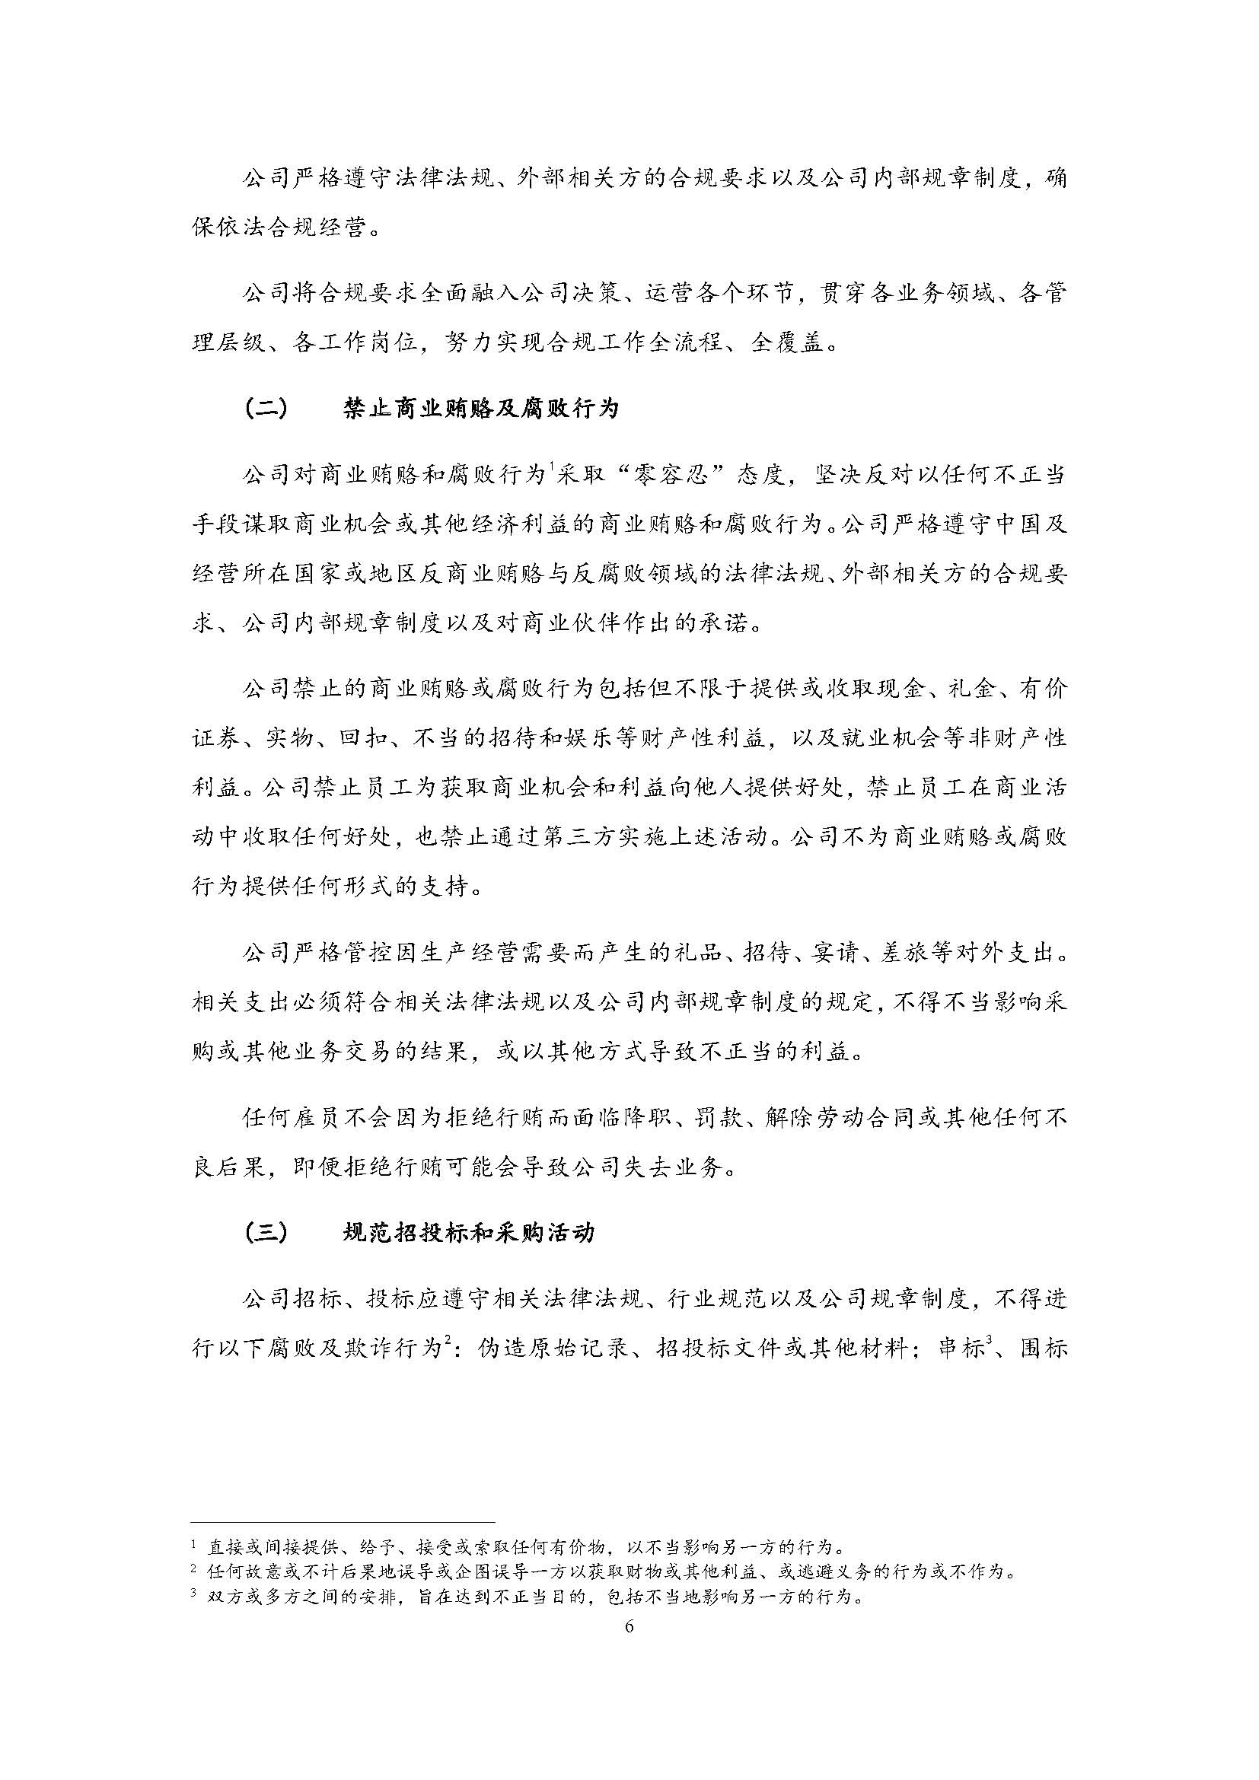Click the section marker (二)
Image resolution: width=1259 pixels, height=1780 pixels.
click(265, 408)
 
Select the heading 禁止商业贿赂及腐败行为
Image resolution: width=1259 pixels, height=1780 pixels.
click(480, 408)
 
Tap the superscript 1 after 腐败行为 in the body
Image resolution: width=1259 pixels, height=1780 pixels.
click(550, 467)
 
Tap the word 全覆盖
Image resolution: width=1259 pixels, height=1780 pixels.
click(789, 343)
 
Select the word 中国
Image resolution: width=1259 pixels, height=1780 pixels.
click(1017, 525)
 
